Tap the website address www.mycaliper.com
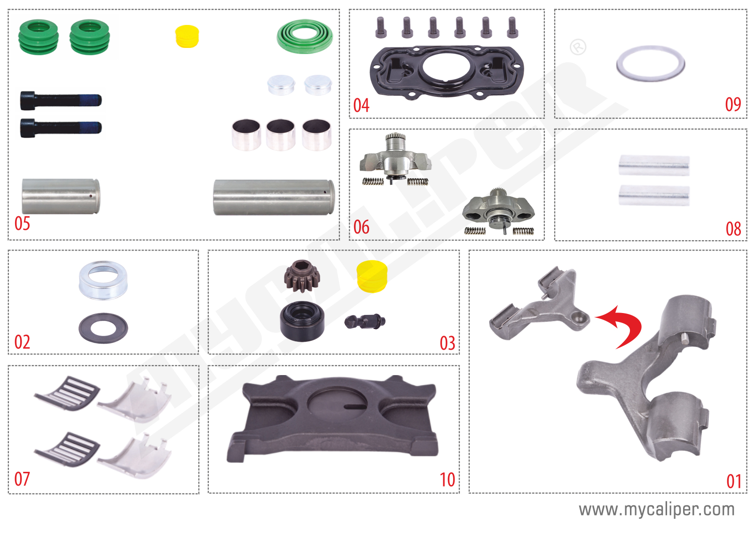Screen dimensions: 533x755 point(656,509)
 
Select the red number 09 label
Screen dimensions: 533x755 point(733,104)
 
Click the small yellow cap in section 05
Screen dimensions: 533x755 point(187,36)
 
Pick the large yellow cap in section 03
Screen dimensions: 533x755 point(372,276)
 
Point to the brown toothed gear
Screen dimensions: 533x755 point(302,276)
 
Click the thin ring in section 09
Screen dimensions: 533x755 point(650,63)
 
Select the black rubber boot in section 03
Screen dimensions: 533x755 point(302,321)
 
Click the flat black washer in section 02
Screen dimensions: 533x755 point(103,328)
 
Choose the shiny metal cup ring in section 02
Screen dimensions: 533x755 point(103,280)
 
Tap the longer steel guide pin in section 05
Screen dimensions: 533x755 point(274,197)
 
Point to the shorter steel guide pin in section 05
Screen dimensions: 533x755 point(61,196)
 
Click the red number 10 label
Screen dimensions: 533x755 point(447,480)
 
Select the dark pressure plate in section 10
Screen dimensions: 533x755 point(333,419)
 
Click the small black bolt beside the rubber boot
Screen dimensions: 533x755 point(365,321)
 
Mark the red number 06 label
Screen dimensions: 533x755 point(361,227)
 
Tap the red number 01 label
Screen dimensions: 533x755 point(733,481)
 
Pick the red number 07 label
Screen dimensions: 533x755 point(22,479)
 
